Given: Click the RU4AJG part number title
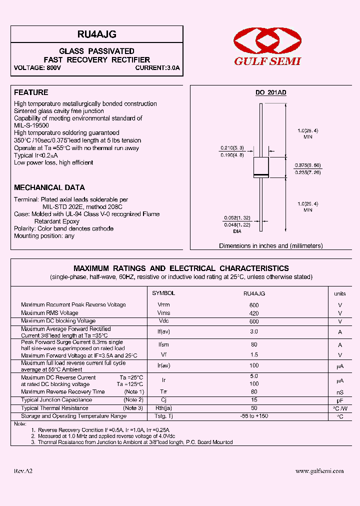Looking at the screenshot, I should [x=96, y=34].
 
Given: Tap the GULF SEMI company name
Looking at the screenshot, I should [x=267, y=61].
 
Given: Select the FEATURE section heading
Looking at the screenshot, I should [x=31, y=92].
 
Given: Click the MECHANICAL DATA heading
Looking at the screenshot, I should [x=49, y=187].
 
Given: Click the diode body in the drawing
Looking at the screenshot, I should [x=260, y=167].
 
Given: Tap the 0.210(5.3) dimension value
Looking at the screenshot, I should [x=232, y=148].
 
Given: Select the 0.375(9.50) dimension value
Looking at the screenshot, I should [x=307, y=165].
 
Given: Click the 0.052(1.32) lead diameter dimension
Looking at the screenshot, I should [x=236, y=218].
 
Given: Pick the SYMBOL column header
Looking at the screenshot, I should [x=163, y=293].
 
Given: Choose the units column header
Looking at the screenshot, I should [x=339, y=294].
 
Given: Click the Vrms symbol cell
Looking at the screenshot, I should [x=163, y=313].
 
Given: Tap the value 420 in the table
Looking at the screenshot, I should [x=254, y=313].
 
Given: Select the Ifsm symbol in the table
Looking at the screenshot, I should [x=163, y=344].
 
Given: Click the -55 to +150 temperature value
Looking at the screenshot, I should [x=254, y=416].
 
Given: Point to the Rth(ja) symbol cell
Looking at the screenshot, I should [x=163, y=408].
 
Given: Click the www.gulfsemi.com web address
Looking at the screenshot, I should [x=319, y=471].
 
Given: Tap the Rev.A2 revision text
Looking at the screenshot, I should [x=23, y=471].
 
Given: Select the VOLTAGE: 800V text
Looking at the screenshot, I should [x=37, y=68].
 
